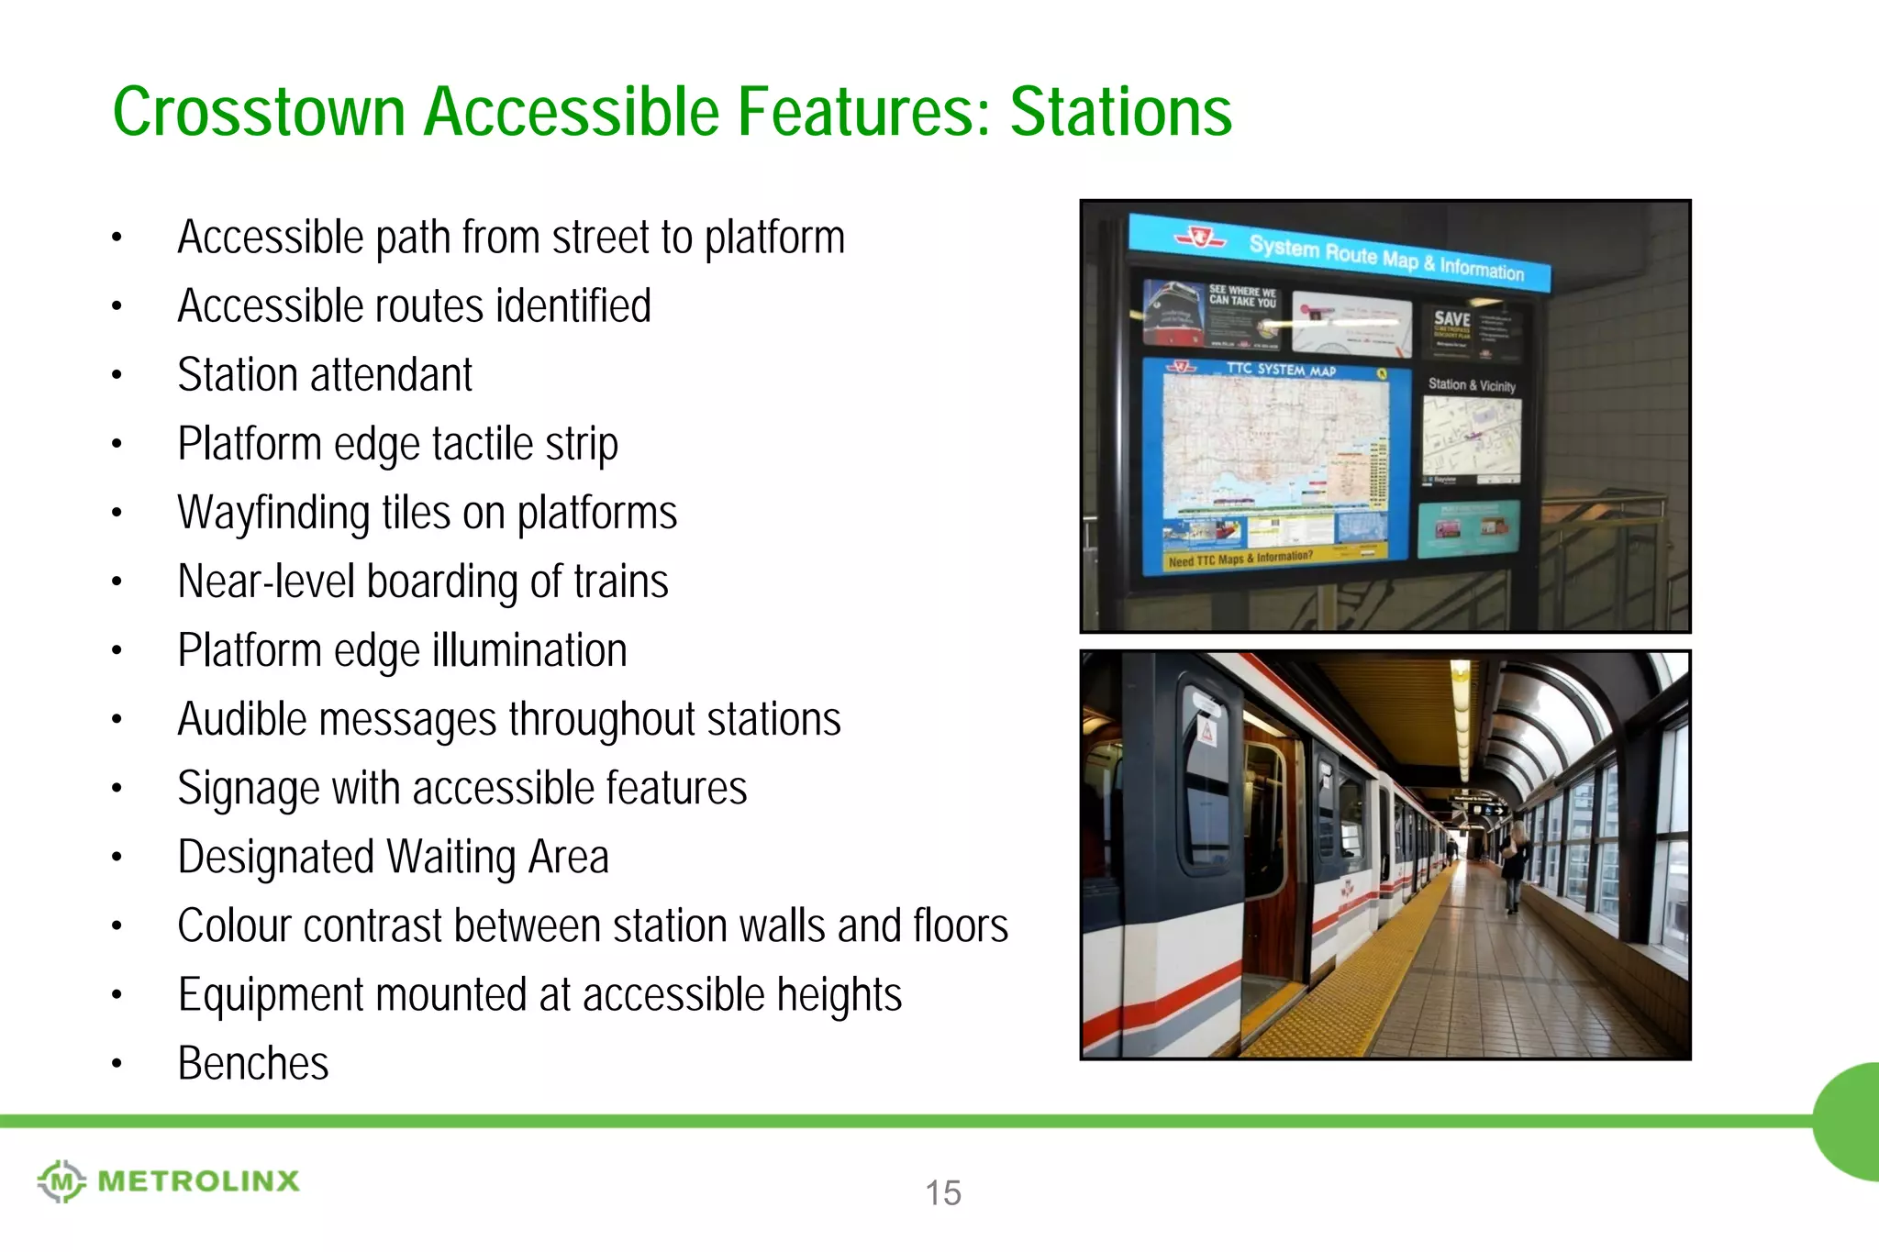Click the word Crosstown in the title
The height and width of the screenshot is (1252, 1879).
[x=259, y=112]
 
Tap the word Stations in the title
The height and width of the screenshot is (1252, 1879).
[x=1120, y=112]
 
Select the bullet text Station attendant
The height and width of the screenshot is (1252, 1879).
[x=325, y=375]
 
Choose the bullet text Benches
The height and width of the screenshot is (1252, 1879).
[x=253, y=1064]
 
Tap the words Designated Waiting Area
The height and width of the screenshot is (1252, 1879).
[x=393, y=858]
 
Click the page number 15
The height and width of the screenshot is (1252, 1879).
[x=942, y=1192]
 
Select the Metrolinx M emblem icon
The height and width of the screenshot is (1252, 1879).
[x=61, y=1181]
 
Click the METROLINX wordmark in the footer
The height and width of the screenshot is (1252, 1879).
[x=198, y=1181]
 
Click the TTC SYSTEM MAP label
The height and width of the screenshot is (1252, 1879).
[x=1281, y=370]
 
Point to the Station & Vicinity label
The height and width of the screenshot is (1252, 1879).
[x=1472, y=385]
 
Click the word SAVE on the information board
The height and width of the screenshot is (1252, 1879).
[x=1451, y=319]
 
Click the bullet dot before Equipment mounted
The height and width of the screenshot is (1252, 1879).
[x=117, y=995]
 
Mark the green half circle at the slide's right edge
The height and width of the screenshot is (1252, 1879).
[x=1850, y=1121]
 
